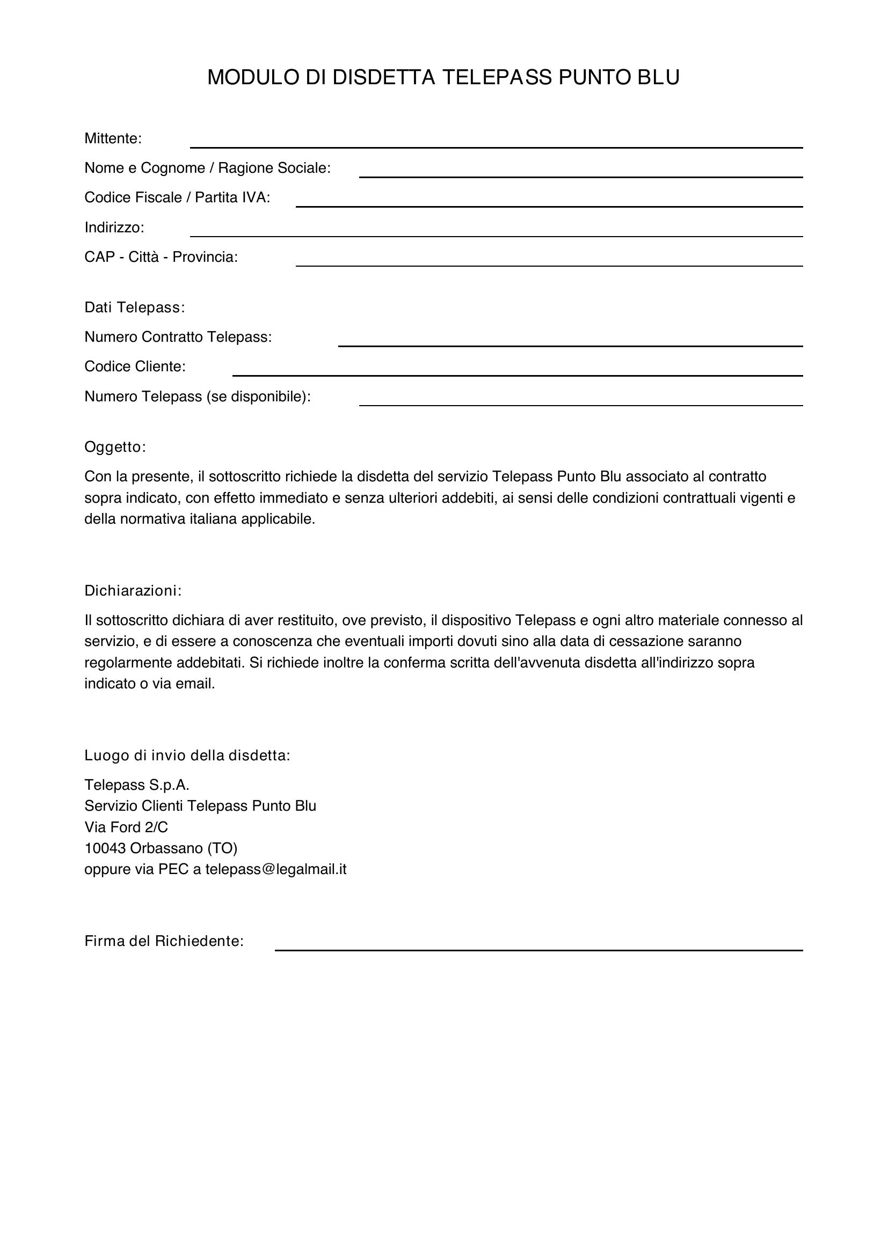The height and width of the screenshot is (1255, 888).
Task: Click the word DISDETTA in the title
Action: pos(384,78)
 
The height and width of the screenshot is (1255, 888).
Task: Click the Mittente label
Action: pos(113,139)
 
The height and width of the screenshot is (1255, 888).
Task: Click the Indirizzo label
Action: pos(114,227)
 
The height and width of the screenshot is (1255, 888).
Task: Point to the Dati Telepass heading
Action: pos(135,308)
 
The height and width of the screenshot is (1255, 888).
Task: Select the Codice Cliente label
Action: pos(135,367)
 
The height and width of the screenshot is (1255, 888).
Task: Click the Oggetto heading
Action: pos(115,447)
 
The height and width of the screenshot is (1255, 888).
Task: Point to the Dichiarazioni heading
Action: pos(132,591)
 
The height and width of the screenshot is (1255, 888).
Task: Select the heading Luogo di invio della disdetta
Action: pos(187,756)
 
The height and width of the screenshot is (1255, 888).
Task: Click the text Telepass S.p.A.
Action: pos(137,786)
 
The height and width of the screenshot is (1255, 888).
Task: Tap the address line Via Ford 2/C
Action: pos(126,827)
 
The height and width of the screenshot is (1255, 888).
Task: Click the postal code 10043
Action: pos(105,848)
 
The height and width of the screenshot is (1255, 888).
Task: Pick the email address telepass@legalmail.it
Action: pos(275,869)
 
